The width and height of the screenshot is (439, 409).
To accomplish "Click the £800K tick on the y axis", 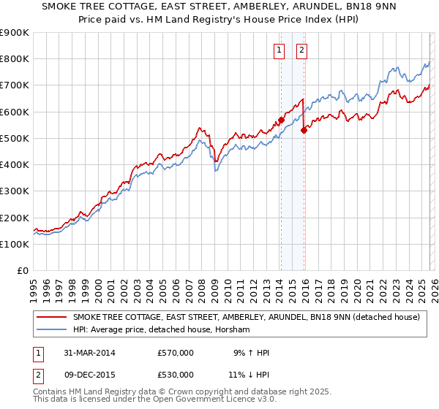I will [x=15, y=59].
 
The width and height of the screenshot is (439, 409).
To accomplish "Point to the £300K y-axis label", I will [x=15, y=191].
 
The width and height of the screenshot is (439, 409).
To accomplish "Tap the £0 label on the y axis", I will [x=23, y=271].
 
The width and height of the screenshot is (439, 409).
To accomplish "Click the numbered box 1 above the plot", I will [x=279, y=50].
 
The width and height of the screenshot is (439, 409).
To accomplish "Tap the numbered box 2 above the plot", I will [x=301, y=50].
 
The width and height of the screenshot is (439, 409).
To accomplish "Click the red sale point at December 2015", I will [x=304, y=131].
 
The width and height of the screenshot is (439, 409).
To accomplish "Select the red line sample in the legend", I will [x=53, y=318].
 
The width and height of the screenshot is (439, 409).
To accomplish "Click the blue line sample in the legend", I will [x=53, y=330].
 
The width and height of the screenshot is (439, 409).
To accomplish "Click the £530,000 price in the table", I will [x=176, y=374].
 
